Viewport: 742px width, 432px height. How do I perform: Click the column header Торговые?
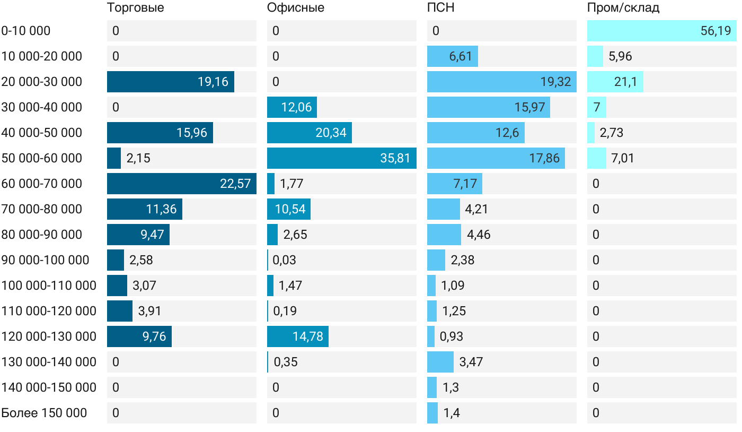tap(135, 8)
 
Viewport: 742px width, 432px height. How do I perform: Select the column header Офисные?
tap(296, 8)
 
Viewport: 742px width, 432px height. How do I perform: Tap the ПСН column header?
tap(441, 8)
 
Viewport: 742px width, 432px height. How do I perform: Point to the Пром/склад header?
tap(623, 8)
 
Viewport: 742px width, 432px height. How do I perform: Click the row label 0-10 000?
tap(26, 31)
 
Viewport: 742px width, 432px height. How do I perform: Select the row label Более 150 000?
tap(44, 413)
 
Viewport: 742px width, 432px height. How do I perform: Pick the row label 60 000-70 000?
tap(42, 184)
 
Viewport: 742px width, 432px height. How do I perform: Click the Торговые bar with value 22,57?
tap(181, 184)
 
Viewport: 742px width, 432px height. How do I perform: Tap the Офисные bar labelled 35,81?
tap(341, 158)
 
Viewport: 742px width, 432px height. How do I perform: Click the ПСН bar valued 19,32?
tap(501, 82)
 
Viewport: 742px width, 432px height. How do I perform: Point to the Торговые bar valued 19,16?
tap(170, 82)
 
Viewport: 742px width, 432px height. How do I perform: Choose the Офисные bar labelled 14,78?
tap(297, 336)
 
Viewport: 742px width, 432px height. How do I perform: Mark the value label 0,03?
tap(285, 260)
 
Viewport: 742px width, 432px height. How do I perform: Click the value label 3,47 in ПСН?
tap(471, 362)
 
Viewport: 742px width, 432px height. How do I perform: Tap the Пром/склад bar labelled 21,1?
tap(615, 82)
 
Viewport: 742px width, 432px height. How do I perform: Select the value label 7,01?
tap(623, 158)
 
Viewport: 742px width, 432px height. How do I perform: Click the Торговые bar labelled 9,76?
tap(139, 336)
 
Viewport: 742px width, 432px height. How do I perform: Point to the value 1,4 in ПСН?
tap(452, 413)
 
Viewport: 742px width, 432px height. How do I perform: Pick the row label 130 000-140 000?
tap(49, 362)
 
